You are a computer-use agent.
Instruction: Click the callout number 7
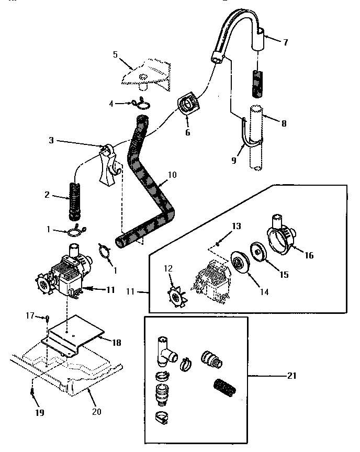(x=285, y=42)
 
